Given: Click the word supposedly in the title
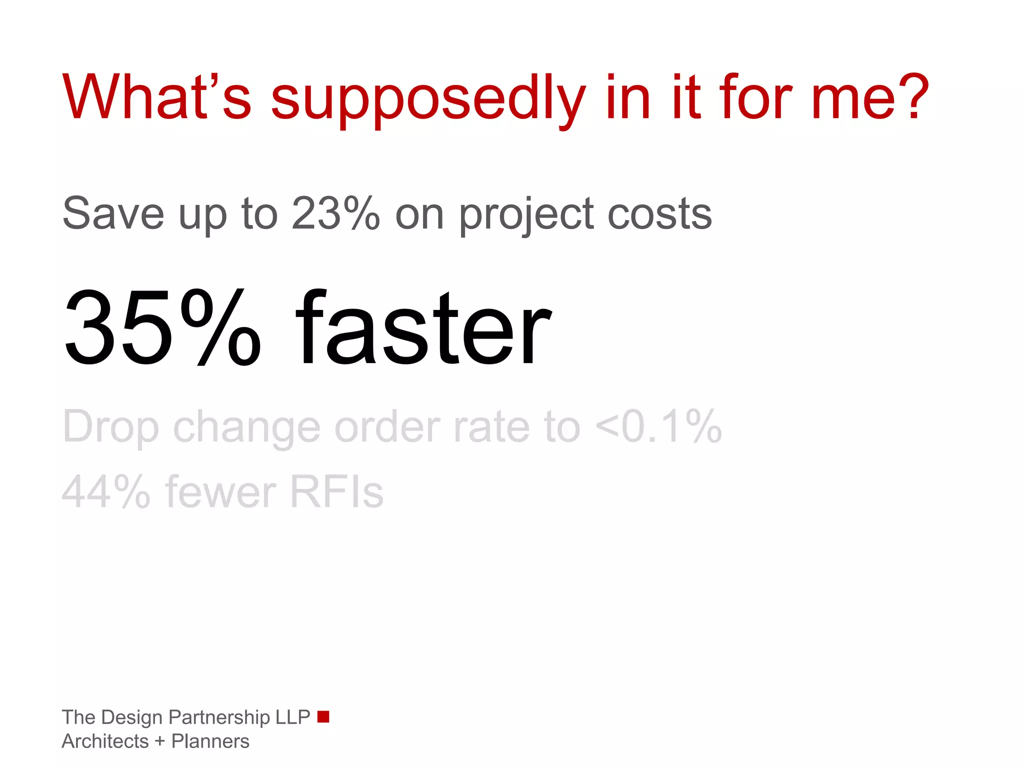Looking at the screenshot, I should (x=427, y=100).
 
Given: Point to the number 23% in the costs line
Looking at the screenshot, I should (x=335, y=213).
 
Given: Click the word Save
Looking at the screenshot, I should (x=113, y=213).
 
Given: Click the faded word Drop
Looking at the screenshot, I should (x=110, y=428).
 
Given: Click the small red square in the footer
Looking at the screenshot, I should (x=323, y=716).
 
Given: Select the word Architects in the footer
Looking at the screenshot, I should (x=105, y=741).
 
